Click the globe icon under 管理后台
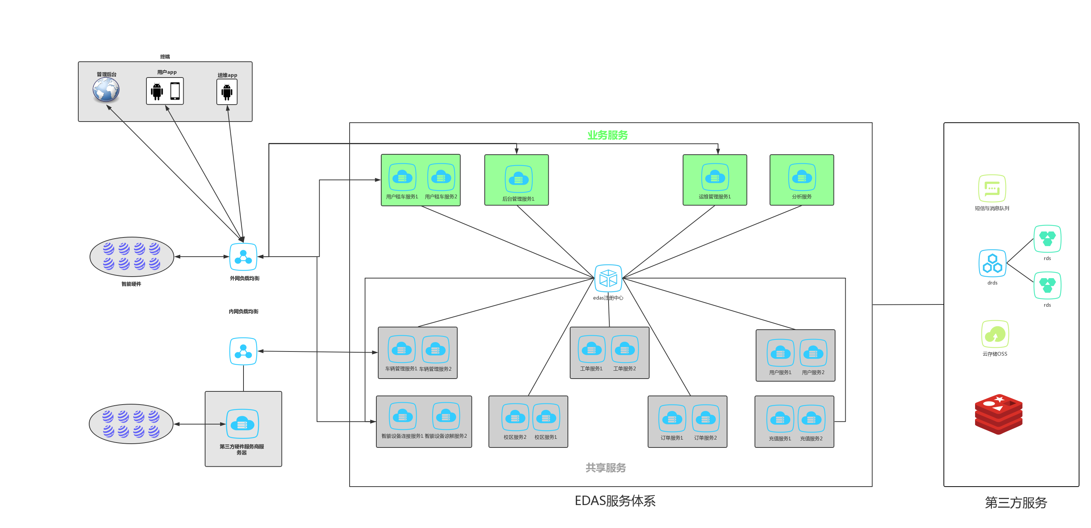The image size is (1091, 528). (106, 90)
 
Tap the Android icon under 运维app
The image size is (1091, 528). (227, 92)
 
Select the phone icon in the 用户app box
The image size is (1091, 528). (175, 91)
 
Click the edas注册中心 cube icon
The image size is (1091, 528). (608, 278)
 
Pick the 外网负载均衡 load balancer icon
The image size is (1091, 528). (243, 257)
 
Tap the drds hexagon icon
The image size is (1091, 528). (992, 263)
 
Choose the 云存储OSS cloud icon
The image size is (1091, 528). (995, 334)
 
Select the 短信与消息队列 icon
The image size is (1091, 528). (992, 189)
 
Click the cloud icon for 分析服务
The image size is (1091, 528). (802, 177)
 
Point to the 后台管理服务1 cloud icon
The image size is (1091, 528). (518, 179)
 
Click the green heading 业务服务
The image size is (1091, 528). (607, 135)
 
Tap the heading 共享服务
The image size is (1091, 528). (606, 467)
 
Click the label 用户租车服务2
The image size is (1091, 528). (441, 197)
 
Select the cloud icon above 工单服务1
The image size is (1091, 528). (592, 350)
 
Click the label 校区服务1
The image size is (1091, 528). (546, 437)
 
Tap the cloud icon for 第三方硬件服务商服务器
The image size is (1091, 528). (242, 423)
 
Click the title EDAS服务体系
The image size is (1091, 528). (615, 501)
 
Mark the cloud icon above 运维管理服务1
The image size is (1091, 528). (715, 177)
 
